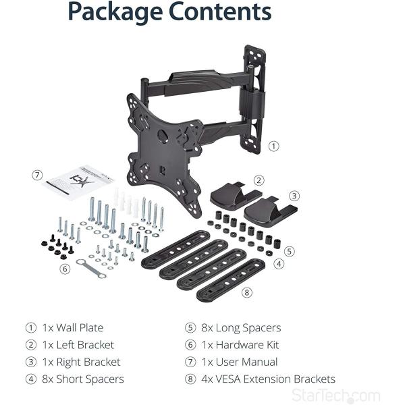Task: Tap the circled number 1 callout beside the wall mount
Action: (273, 145)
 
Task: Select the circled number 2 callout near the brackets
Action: (259, 180)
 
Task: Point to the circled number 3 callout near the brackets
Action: (294, 196)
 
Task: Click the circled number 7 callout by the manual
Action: (37, 175)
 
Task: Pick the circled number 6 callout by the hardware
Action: (65, 268)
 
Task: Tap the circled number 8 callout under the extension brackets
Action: (246, 292)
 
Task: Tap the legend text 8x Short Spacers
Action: (83, 379)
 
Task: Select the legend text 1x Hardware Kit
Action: (240, 345)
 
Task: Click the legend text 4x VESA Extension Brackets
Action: (268, 379)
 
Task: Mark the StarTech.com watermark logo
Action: (346, 396)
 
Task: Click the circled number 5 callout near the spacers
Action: (289, 250)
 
